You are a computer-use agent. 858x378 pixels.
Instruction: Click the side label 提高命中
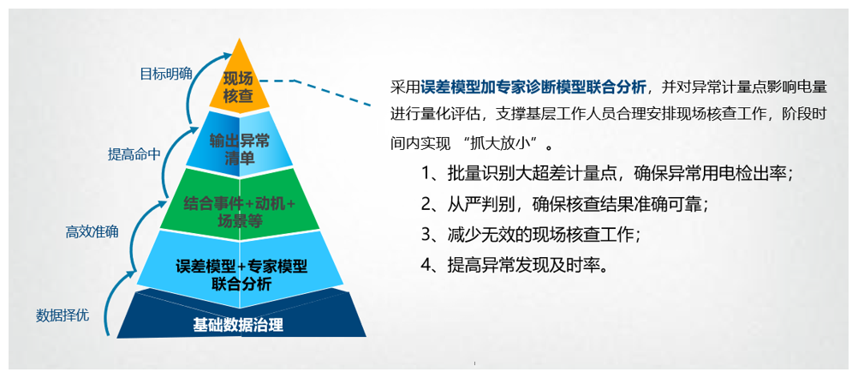(x=134, y=154)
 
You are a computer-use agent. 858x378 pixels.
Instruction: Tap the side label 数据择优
(x=63, y=315)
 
